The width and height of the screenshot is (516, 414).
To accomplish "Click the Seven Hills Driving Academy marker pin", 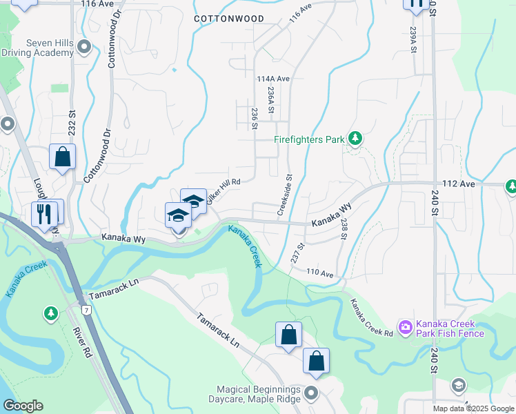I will [84, 48].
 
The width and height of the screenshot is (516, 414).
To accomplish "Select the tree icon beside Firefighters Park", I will [355, 139].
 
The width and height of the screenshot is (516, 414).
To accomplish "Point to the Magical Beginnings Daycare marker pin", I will [311, 393].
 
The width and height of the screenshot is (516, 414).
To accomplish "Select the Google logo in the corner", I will [23, 406].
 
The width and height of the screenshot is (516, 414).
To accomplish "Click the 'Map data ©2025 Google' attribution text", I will [473, 408].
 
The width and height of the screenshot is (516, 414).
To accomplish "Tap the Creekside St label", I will [285, 195].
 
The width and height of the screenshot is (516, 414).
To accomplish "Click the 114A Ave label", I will [273, 79].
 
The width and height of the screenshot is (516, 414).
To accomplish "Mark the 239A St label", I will [413, 41].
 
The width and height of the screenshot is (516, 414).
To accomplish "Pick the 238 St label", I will [344, 226].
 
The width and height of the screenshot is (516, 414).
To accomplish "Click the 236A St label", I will [271, 100].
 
